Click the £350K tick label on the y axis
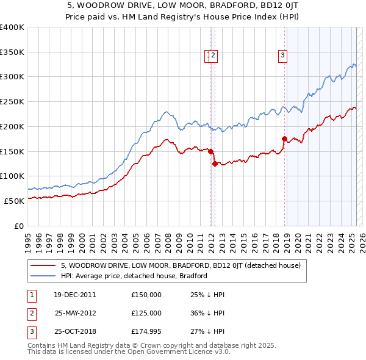[12, 52]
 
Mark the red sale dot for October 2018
[284, 139]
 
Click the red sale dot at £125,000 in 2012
[215, 164]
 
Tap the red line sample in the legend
[43, 266]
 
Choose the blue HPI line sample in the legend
[43, 276]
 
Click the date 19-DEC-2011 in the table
[75, 295]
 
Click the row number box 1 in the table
[31, 295]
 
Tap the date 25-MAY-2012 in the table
[75, 312]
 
